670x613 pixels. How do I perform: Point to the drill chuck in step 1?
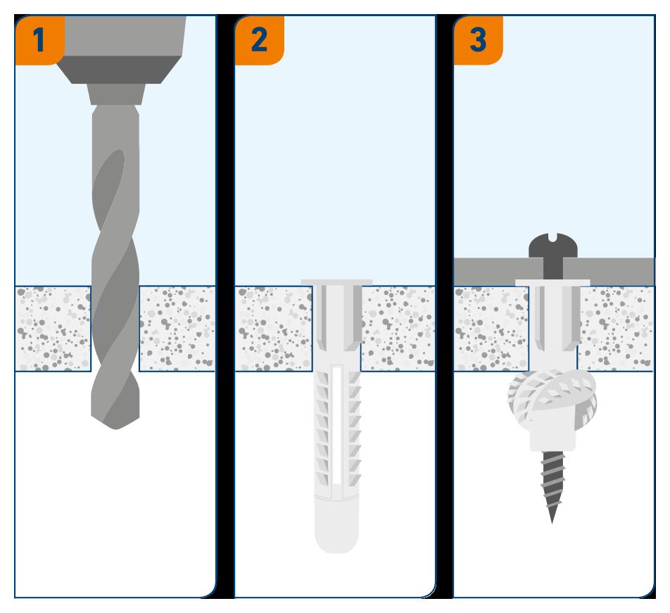click(x=119, y=56)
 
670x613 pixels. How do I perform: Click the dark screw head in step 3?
click(x=552, y=246)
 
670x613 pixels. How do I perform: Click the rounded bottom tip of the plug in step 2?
click(x=336, y=542)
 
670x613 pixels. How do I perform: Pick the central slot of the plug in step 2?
click(x=336, y=422)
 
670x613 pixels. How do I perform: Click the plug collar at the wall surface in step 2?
click(x=336, y=283)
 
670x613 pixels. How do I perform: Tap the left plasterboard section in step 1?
click(x=53, y=327)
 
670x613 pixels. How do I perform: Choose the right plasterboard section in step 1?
click(x=177, y=327)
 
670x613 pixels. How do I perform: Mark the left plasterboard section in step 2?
click(x=273, y=327)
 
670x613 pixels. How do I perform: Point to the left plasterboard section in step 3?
click(x=491, y=327)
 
